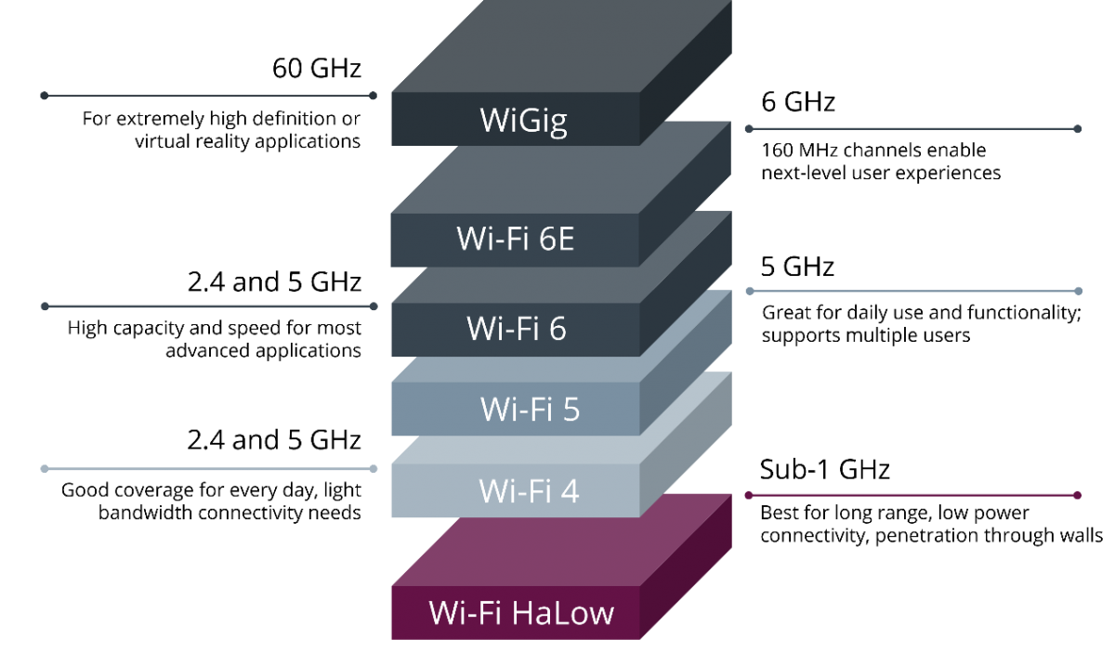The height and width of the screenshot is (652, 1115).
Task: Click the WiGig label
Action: tap(523, 120)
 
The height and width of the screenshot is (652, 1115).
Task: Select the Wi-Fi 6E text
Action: tap(515, 240)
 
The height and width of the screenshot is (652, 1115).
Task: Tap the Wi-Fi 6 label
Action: tap(516, 328)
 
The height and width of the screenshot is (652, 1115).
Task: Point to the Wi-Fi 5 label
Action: tap(530, 409)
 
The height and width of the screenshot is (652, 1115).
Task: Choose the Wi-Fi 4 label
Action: tap(529, 490)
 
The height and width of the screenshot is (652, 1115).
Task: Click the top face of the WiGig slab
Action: tap(557, 46)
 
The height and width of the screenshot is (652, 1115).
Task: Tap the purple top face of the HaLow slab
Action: tap(557, 543)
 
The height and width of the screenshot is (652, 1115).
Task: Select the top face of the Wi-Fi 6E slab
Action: tap(557, 176)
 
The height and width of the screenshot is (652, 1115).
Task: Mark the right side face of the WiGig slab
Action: tap(686, 74)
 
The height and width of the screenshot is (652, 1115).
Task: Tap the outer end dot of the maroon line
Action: tap(1078, 495)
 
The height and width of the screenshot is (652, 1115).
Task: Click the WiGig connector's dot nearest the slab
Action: tap(373, 96)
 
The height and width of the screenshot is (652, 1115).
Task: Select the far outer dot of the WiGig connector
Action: tap(44, 96)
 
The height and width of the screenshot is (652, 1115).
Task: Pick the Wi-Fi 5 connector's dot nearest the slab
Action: tap(749, 291)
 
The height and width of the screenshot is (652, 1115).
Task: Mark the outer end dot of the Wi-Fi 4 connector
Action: tap(44, 469)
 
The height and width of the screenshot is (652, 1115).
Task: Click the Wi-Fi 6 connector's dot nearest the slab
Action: tap(374, 306)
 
